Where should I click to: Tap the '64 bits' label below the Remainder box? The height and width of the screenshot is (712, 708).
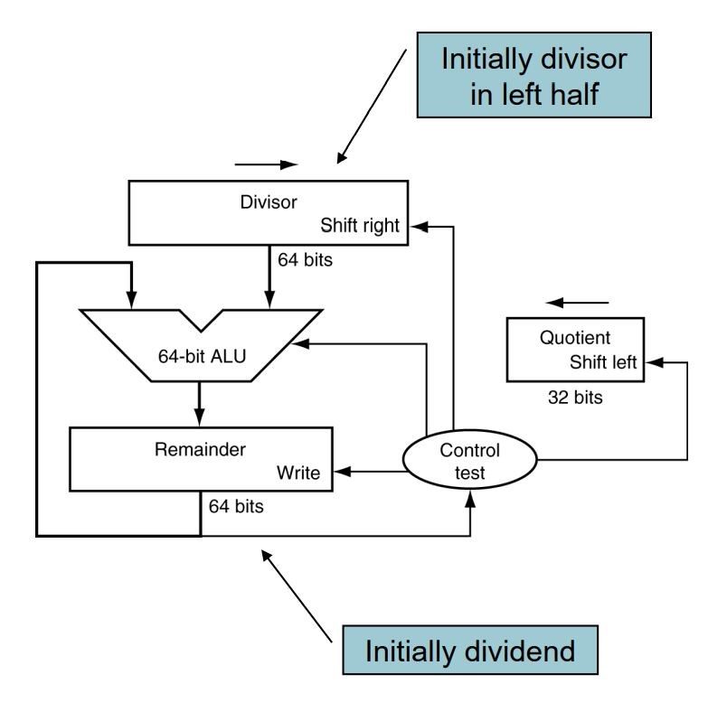tap(236, 506)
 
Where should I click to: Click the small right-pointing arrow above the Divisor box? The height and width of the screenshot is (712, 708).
tap(266, 165)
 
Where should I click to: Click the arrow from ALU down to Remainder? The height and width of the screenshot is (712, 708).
tap(201, 403)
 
